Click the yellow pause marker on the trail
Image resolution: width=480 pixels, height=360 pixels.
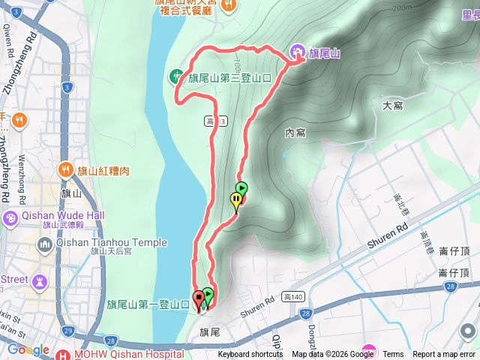pos(236,200)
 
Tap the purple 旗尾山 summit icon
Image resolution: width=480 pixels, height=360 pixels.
pos(297,52)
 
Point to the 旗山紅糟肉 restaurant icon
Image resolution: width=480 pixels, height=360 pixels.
pos(66,170)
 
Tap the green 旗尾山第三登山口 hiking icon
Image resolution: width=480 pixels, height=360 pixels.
pos(175,76)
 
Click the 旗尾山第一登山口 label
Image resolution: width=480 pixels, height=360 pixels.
pos(147,304)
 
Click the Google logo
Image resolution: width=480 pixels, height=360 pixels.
pos(28,349)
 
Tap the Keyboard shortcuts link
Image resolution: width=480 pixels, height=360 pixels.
pos(251,355)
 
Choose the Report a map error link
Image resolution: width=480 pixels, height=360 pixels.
pos(445,355)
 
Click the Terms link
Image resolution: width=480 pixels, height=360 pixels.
pos(393,355)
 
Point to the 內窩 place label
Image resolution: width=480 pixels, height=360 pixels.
pos(295,133)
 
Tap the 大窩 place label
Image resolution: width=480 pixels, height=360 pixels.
pos(392,106)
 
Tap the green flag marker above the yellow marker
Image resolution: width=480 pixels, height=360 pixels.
pos(241,188)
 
